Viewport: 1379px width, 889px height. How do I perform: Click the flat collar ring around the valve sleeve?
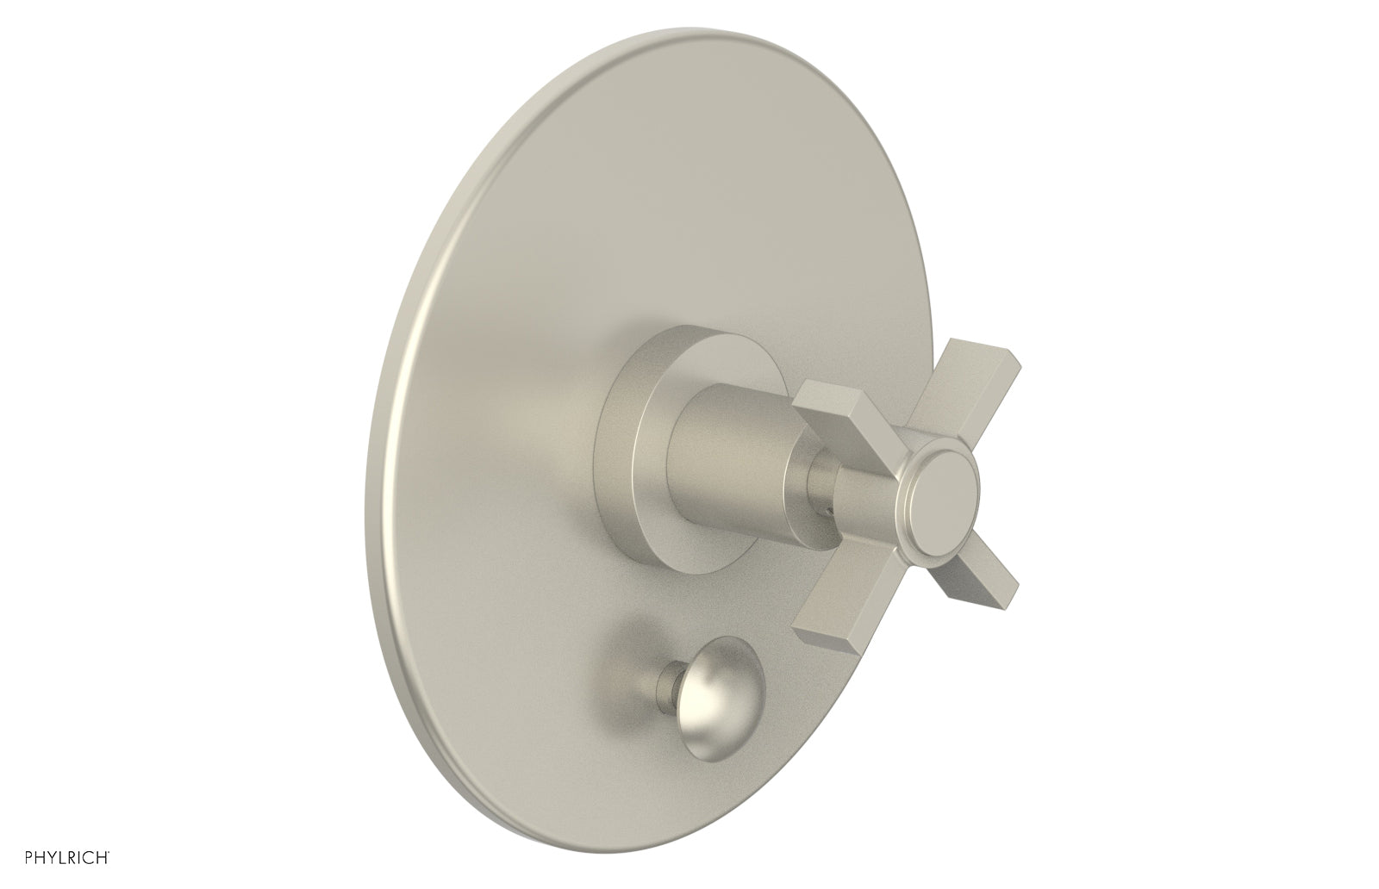point(642,448)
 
